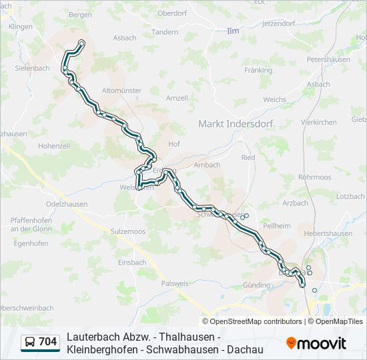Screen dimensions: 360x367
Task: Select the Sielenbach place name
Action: click(33, 68)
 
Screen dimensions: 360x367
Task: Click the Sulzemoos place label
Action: click(128, 231)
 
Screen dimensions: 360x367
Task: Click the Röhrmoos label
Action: click(315, 177)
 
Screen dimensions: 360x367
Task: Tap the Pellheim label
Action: click(276, 226)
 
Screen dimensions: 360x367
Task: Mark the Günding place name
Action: click(257, 285)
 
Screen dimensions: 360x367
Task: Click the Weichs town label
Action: click(274, 99)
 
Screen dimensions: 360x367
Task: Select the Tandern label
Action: click(165, 32)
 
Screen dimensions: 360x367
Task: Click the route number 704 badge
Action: click(48, 342)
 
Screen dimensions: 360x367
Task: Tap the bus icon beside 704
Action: click(30, 342)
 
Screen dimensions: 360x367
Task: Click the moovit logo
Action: click(316, 343)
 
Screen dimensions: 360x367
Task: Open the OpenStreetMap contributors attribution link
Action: click(256, 321)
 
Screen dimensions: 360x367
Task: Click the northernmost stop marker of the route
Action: click(81, 43)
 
